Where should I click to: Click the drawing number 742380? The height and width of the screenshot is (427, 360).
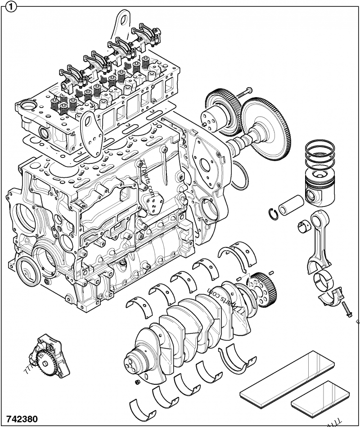click(22, 418)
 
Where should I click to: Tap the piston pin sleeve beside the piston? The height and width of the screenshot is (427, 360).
click(288, 205)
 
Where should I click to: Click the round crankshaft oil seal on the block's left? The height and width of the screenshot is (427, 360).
click(27, 273)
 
